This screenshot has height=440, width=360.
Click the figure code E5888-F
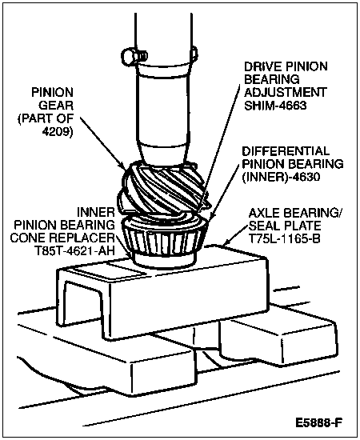318,422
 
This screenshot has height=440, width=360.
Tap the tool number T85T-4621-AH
74,251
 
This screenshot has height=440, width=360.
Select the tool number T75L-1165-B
284,239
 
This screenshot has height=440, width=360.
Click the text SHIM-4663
275,106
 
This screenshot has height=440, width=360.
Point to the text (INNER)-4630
281,177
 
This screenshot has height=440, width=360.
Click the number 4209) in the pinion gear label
58,131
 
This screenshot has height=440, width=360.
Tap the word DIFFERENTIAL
286,151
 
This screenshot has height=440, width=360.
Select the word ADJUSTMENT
285,93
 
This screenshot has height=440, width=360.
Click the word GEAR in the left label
56,106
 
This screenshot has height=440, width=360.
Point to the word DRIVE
262,66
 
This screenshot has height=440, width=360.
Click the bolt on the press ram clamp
134,55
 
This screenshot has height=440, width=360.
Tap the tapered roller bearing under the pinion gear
166,238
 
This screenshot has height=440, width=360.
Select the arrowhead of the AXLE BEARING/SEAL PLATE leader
224,244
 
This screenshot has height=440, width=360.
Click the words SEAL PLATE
285,226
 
